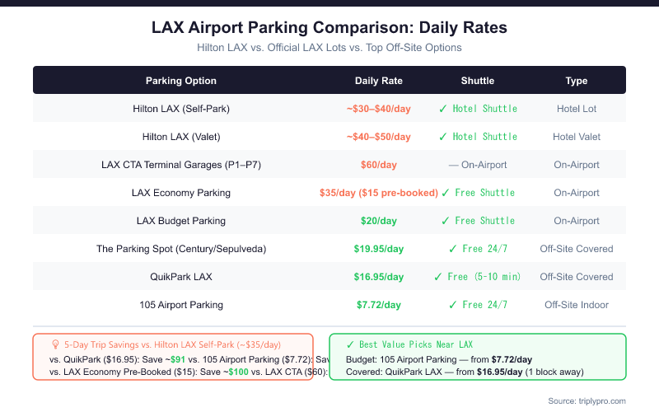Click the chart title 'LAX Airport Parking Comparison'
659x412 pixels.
329,27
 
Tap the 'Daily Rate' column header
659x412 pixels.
379,81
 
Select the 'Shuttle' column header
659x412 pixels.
478,81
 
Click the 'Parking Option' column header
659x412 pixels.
181,81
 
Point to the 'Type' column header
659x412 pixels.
577,81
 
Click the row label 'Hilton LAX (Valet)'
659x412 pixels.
181,137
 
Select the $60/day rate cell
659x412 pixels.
379,165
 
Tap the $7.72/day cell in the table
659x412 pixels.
379,305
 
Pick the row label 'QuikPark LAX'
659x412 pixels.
181,277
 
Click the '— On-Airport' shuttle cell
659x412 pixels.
478,165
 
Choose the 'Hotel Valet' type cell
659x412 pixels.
577,137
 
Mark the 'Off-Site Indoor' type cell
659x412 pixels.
577,305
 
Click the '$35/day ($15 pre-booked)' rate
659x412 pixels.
379,193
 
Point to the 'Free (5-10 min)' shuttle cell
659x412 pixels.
478,277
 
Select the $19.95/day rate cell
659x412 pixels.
379,249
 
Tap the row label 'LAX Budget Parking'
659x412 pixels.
181,221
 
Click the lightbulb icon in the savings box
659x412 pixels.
55,344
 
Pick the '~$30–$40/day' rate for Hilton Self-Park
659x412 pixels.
379,109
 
